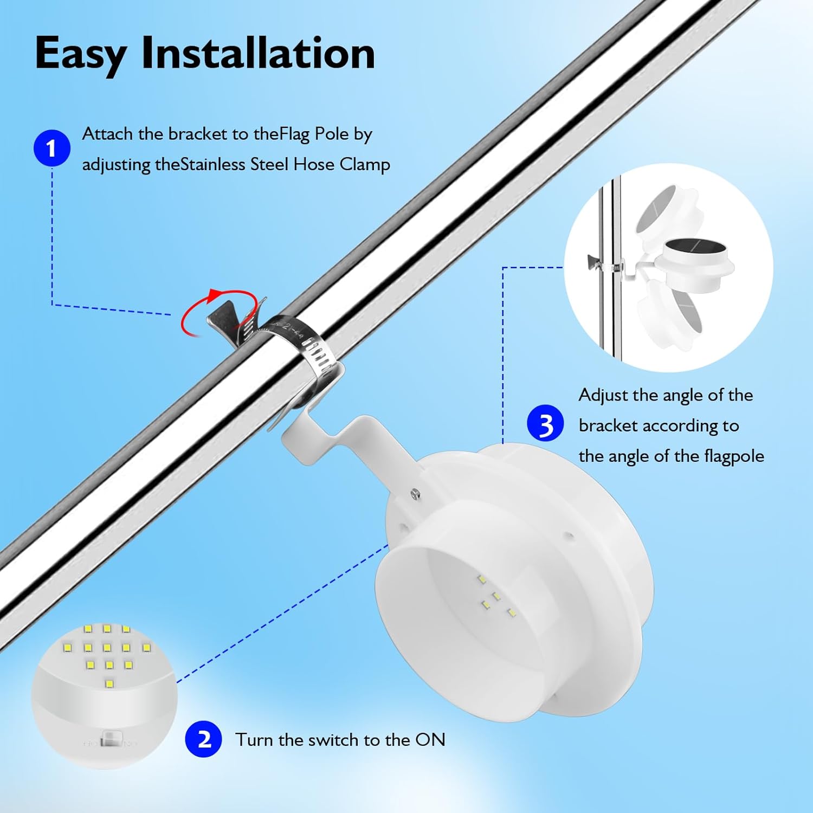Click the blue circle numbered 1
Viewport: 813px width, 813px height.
click(x=51, y=148)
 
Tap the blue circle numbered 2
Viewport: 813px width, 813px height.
click(x=203, y=739)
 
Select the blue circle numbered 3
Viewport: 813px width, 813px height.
click(x=545, y=423)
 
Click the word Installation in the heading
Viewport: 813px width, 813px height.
click(x=258, y=53)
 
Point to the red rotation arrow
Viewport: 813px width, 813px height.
click(x=217, y=313)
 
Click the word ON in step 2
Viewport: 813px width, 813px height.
click(x=430, y=739)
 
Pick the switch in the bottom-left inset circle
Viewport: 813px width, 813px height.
click(x=111, y=738)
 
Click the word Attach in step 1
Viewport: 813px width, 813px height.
click(x=107, y=134)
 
